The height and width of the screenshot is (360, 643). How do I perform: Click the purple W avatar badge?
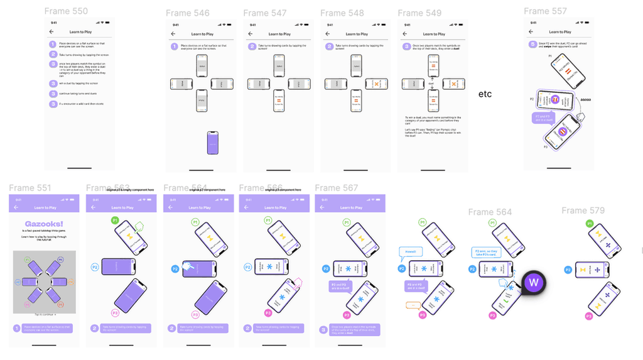tap(534, 282)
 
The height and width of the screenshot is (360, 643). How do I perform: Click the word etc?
tap(485, 94)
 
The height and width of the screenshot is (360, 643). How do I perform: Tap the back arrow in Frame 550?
tap(51, 31)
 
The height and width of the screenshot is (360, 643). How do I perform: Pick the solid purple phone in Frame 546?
tap(213, 143)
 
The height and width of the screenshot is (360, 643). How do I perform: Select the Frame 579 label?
tap(583, 210)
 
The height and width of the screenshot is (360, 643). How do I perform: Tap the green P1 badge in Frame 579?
tap(588, 224)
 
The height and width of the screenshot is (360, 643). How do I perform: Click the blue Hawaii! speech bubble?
tap(408, 252)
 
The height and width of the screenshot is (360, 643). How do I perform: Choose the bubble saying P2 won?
tap(485, 253)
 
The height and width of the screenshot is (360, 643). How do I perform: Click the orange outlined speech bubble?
tap(413, 305)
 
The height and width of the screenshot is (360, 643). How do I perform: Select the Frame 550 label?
tap(67, 11)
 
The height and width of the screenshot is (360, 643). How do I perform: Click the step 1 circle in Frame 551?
tap(17, 328)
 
